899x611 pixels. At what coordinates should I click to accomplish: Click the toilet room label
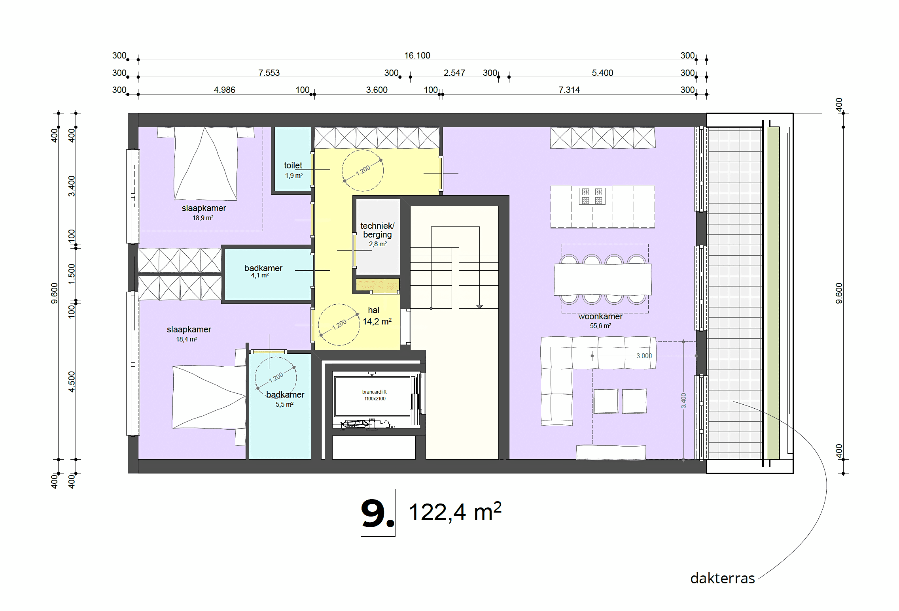pos(293,166)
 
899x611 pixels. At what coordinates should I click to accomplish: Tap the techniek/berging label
pos(377,230)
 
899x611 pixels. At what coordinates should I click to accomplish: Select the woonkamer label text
pos(600,317)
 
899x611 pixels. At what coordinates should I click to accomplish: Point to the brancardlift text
pos(374,392)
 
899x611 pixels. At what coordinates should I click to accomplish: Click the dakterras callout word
pos(722,578)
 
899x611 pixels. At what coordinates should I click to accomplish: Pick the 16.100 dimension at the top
pos(417,56)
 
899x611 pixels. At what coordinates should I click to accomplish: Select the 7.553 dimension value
pos(269,73)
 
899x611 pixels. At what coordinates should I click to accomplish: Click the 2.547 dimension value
pos(454,73)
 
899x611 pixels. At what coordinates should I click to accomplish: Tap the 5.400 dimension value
pos(602,73)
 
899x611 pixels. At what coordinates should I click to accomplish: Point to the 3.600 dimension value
pos(377,90)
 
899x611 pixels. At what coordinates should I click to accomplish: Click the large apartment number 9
pos(377,513)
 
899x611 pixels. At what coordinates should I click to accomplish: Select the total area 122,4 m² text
pos(455,512)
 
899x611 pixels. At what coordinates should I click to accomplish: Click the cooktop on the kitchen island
pos(592,196)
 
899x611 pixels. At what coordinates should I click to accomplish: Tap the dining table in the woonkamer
pos(602,279)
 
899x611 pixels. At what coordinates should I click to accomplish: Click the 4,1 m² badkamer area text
pos(260,275)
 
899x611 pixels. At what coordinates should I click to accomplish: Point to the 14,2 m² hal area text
pos(377,322)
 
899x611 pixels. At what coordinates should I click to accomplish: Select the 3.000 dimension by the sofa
pos(644,356)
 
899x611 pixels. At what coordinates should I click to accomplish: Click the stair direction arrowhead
pos(479,306)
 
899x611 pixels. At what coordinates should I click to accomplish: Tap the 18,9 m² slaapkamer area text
pos(203,218)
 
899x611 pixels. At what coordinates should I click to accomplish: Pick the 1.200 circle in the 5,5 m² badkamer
pos(276,377)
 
